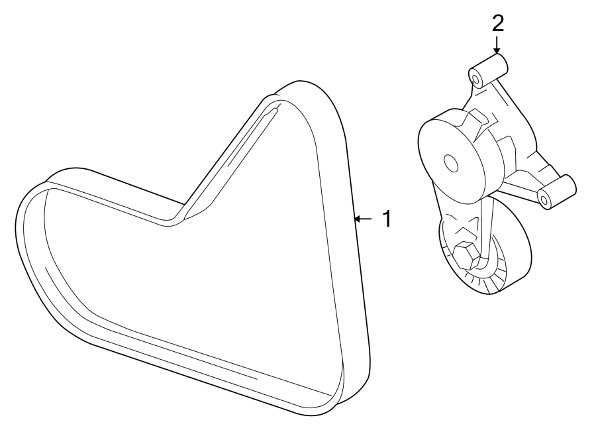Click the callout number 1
click(385, 219)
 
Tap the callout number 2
click(497, 23)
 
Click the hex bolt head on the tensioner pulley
click(465, 254)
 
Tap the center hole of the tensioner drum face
click(451, 162)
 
